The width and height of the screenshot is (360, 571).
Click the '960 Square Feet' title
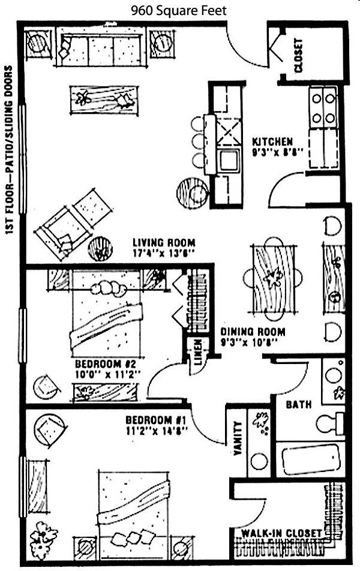coord(179,11)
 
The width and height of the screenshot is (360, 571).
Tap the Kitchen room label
coord(272,142)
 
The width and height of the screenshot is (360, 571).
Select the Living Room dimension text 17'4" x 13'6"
coord(164,253)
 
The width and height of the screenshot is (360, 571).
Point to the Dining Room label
coord(253,332)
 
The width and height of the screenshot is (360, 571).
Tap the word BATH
coord(298,405)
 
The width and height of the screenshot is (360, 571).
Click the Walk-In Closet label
coord(281,533)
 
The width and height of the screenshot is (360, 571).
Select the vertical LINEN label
coord(197,353)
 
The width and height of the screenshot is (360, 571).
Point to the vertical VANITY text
coord(238,438)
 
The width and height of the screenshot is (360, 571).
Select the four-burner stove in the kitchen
coord(323,107)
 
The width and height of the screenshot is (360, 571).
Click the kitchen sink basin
coord(229,160)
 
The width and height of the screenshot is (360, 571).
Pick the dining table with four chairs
coord(272,279)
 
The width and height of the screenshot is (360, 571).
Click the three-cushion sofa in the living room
coord(101,50)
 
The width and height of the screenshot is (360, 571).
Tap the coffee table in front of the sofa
coord(104,100)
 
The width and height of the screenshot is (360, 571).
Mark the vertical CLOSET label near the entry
coord(298,55)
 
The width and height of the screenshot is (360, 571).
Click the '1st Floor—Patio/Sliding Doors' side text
coord(9,150)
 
